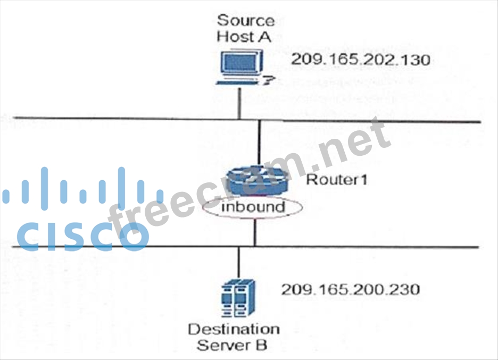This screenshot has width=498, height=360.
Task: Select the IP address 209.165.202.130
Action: click(360, 60)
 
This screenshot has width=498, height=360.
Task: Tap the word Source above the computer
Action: click(246, 21)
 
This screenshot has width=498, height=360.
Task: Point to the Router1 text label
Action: click(337, 180)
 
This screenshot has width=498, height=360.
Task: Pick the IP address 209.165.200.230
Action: click(351, 290)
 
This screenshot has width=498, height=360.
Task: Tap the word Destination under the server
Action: click(234, 329)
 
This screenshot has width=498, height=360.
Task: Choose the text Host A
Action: click(245, 37)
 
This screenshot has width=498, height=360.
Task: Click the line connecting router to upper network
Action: click(259, 144)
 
